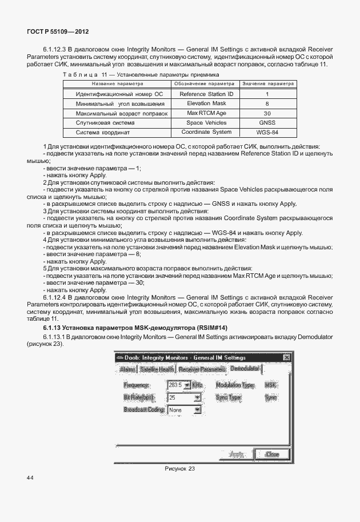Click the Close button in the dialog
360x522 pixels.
[x=272, y=454]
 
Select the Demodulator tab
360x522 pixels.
[x=245, y=369]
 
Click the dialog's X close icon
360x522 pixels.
[x=287, y=357]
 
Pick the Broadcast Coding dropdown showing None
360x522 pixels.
[x=197, y=410]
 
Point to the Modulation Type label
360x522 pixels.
[x=235, y=385]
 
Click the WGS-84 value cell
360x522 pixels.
[x=267, y=132]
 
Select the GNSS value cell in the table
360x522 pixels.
[x=267, y=123]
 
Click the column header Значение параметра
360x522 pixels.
[x=267, y=83]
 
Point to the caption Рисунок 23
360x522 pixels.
[x=179, y=469]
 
